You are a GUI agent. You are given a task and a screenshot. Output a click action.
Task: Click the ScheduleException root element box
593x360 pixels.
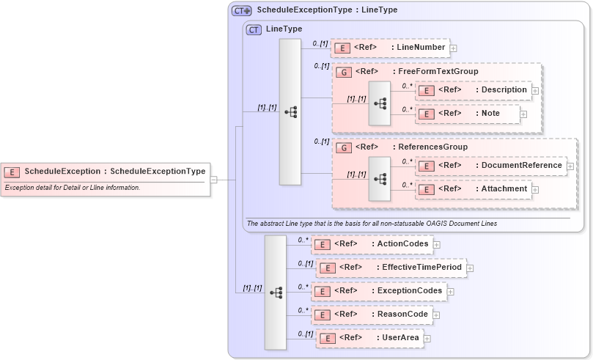(106, 172)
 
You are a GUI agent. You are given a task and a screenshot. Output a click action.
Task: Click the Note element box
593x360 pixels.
(468, 114)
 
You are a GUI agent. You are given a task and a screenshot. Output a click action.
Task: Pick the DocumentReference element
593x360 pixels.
(490, 166)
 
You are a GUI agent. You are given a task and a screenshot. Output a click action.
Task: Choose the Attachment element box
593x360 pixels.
(473, 189)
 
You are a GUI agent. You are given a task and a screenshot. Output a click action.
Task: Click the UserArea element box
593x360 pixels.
(369, 338)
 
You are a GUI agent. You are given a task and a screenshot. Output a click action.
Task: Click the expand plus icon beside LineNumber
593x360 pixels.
(453, 48)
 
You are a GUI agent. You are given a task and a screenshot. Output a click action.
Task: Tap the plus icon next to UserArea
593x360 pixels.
(427, 339)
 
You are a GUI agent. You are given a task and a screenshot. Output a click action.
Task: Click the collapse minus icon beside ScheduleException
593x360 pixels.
(213, 179)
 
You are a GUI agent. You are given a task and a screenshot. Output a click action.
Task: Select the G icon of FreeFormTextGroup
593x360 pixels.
(342, 72)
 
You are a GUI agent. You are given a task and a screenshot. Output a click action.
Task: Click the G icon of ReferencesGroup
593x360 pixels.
(342, 147)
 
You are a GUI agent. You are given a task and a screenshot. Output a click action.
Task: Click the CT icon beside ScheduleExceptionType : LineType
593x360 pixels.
(241, 11)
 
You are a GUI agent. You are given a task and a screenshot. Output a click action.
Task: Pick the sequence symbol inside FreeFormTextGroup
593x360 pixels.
(380, 103)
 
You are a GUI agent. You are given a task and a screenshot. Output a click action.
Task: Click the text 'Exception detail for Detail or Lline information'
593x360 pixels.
(73, 188)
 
